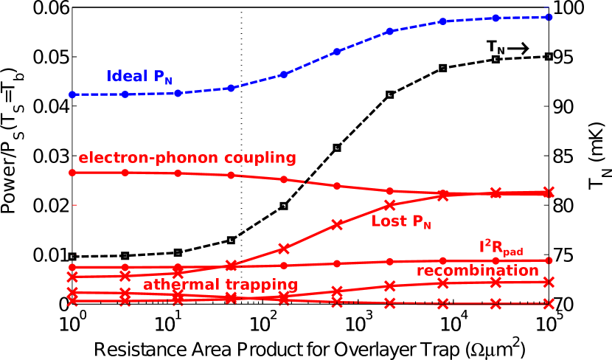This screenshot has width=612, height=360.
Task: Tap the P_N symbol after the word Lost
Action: (421, 222)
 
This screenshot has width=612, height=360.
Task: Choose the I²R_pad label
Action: (501, 248)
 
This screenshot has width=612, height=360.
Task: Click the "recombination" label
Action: (477, 271)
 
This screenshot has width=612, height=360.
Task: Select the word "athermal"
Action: (175, 285)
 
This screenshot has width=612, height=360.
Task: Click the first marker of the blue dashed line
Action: (72, 94)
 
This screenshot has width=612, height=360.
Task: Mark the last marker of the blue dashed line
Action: (549, 16)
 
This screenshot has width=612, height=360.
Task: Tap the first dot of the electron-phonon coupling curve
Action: (72, 173)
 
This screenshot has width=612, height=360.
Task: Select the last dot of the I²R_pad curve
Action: (549, 260)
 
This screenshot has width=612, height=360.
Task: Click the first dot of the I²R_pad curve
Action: (72, 267)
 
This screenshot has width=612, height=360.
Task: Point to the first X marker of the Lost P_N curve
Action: (72, 277)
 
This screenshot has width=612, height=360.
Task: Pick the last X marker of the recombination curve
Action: (549, 282)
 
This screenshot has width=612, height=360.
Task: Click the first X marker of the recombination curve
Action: (72, 293)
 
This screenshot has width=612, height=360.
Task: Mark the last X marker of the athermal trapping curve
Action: (549, 303)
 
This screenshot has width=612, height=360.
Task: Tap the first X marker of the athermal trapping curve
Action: (72, 300)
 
